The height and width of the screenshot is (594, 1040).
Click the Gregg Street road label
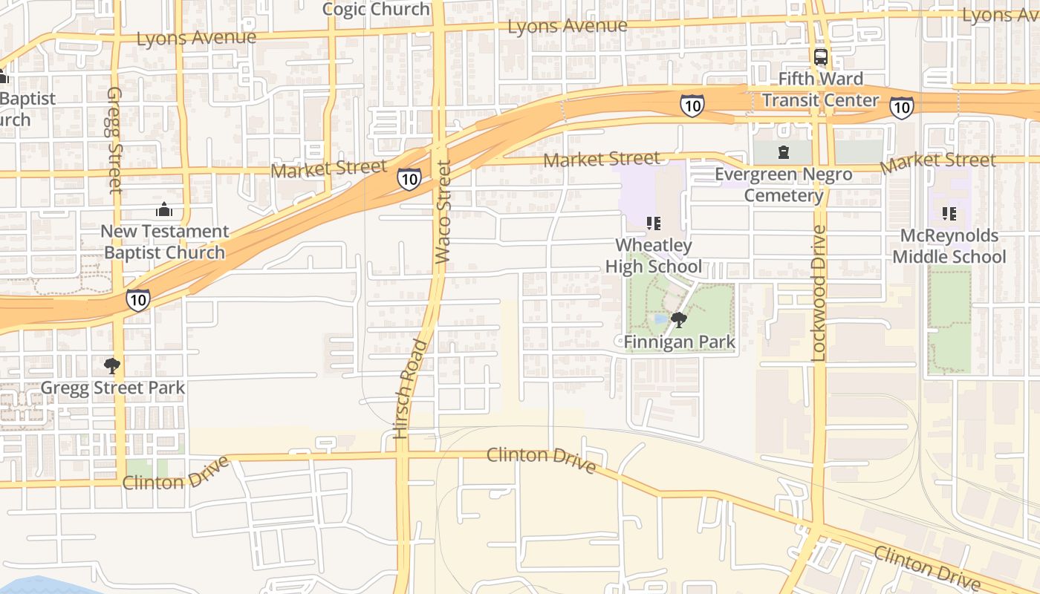[114, 140]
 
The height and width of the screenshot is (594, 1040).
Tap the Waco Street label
[443, 212]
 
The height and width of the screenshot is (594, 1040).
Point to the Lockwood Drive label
[819, 293]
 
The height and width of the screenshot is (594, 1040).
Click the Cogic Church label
[376, 9]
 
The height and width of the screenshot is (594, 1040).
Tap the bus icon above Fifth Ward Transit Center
[821, 56]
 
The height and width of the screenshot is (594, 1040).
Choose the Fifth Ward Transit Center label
[820, 89]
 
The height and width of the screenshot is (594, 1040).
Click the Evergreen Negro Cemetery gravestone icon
[782, 153]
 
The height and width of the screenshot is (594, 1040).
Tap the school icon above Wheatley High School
[654, 223]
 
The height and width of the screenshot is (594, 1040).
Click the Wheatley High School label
[653, 255]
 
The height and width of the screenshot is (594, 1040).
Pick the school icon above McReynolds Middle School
[949, 214]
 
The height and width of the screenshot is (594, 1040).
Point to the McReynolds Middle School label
[949, 246]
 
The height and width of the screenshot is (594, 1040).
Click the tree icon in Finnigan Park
[678, 320]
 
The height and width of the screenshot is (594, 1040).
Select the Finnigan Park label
[679, 342]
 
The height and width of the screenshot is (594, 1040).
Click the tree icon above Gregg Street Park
[112, 365]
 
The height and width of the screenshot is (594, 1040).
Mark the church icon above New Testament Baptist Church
[164, 210]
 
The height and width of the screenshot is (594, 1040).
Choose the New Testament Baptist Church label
[164, 242]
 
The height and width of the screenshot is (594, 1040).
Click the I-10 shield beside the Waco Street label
[409, 178]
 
